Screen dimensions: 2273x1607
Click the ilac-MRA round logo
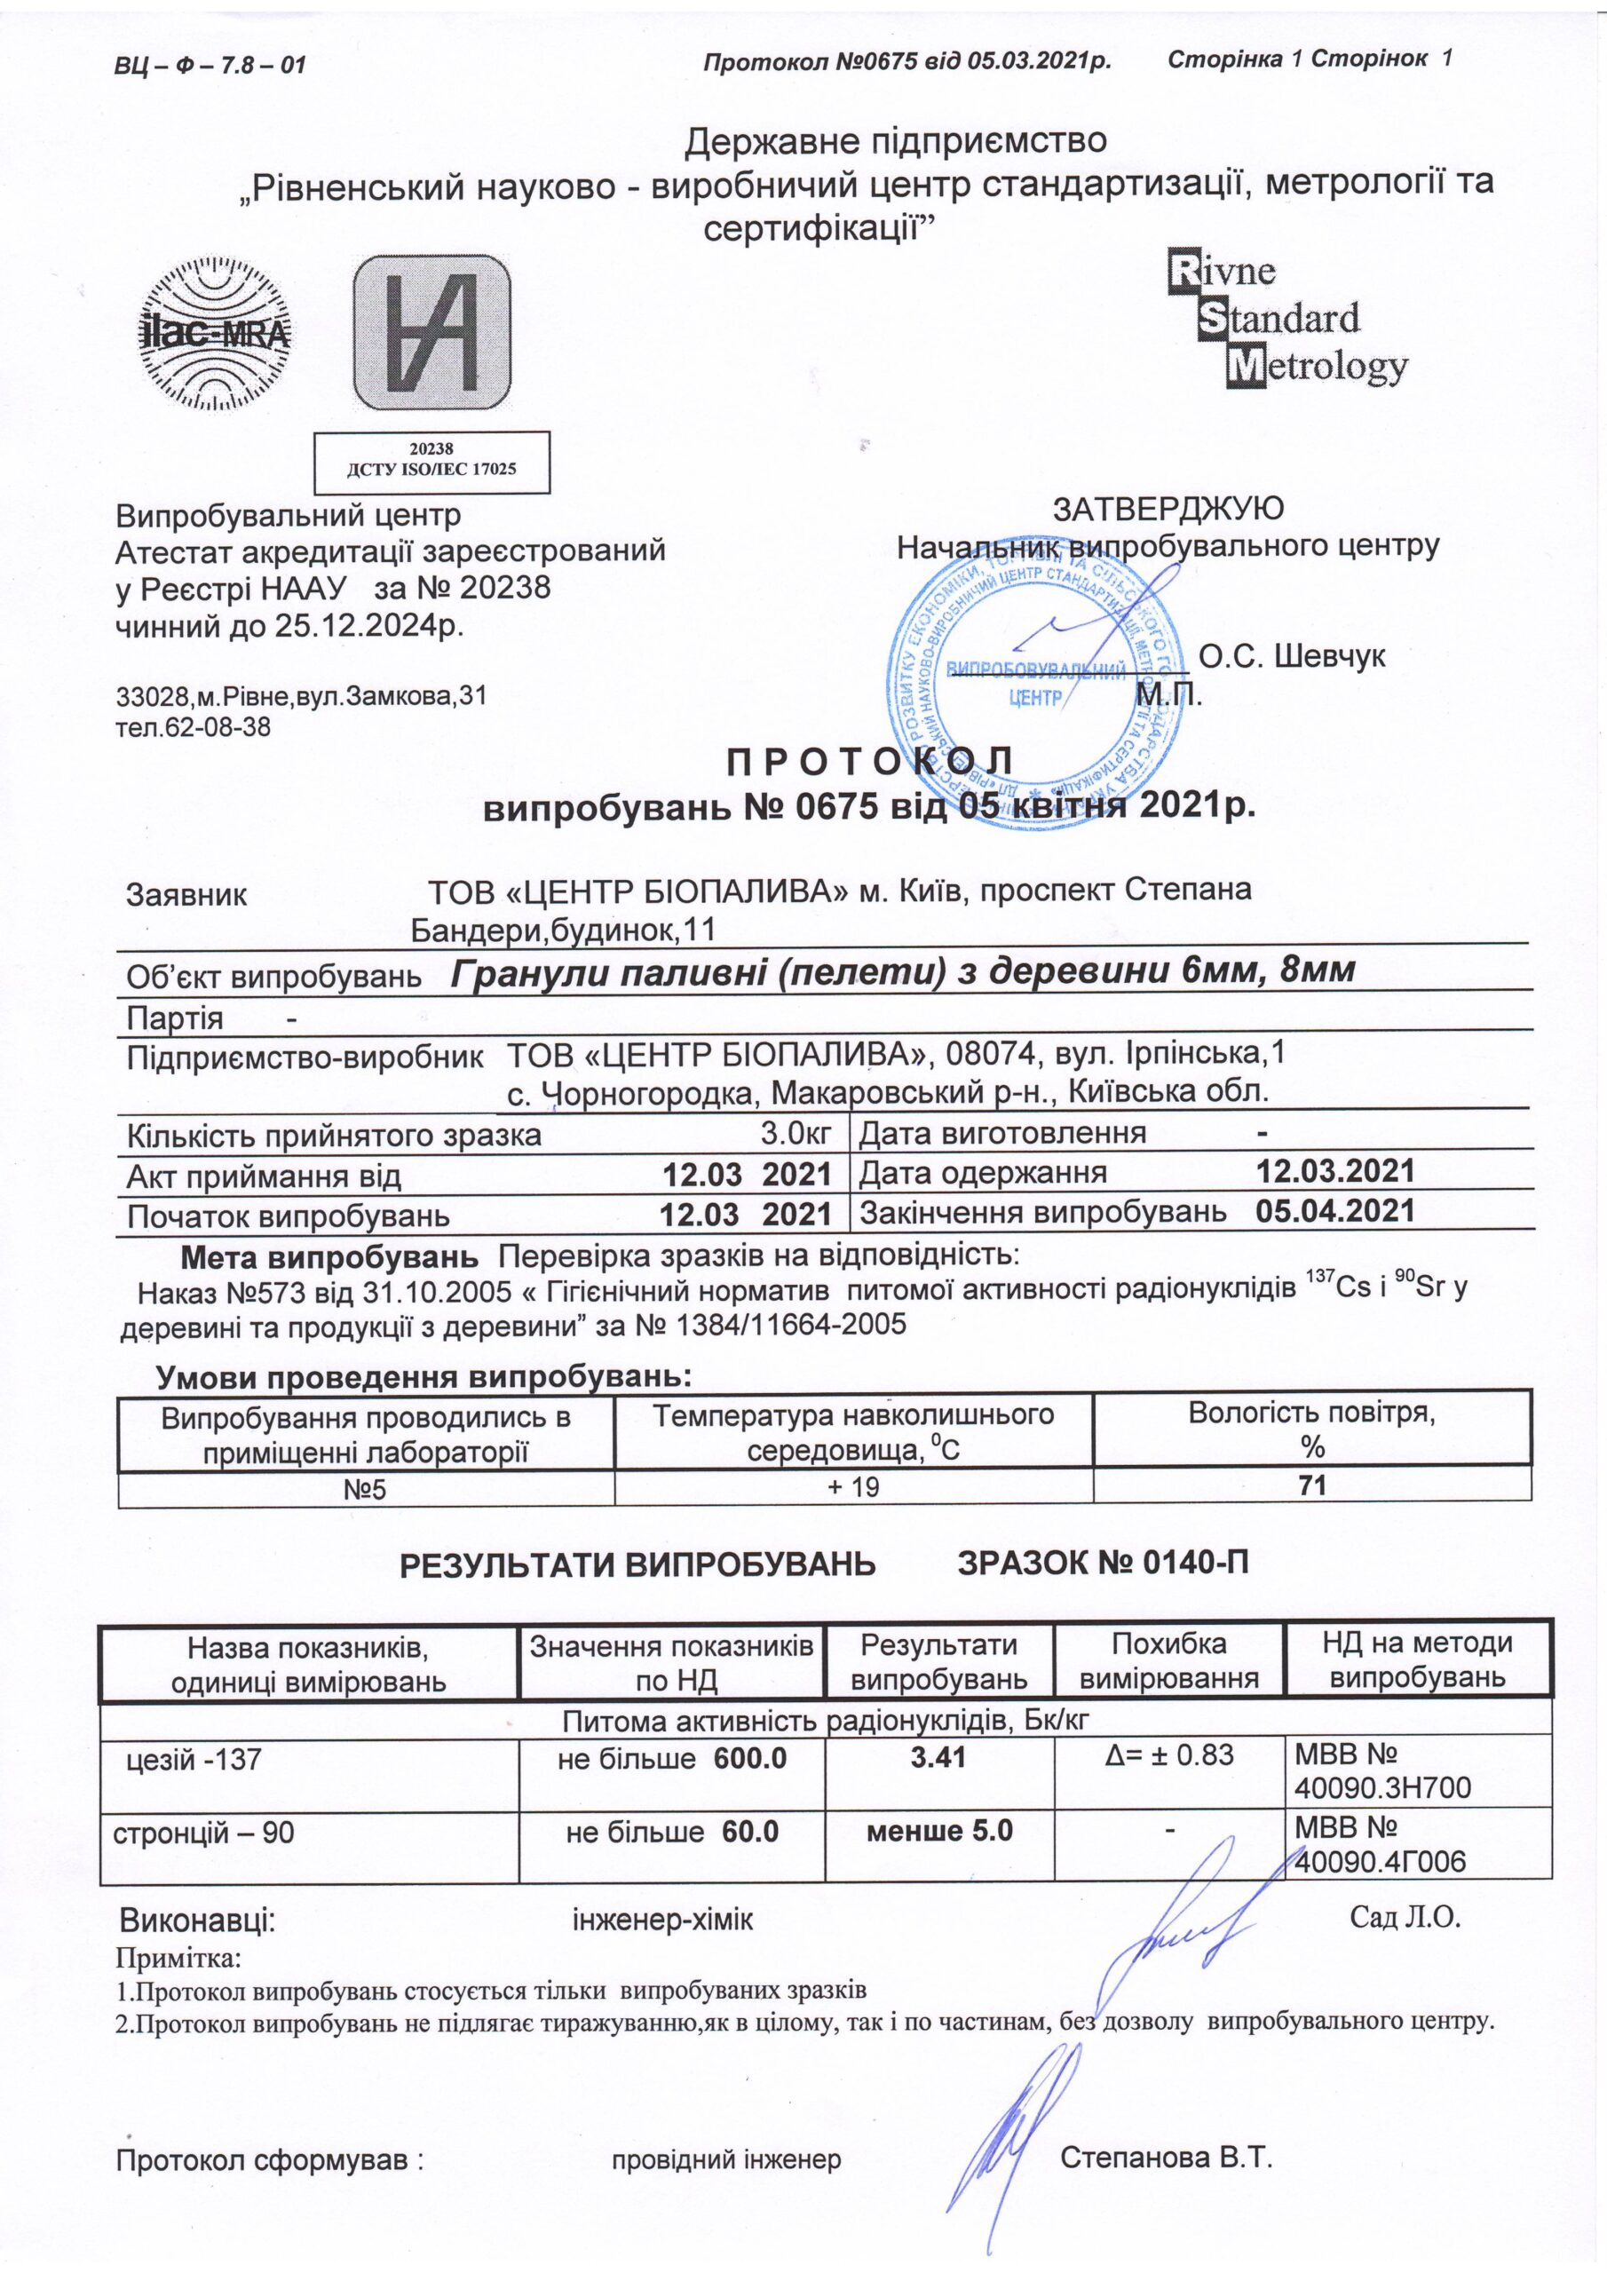click(x=212, y=334)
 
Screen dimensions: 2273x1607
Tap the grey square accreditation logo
click(x=432, y=333)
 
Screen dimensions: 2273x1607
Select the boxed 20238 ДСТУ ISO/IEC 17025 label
click(x=431, y=462)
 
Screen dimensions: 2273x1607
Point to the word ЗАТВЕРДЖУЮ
click(x=1168, y=509)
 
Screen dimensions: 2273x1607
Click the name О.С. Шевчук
click(x=1291, y=656)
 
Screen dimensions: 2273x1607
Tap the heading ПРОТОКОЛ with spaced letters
click(x=869, y=763)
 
